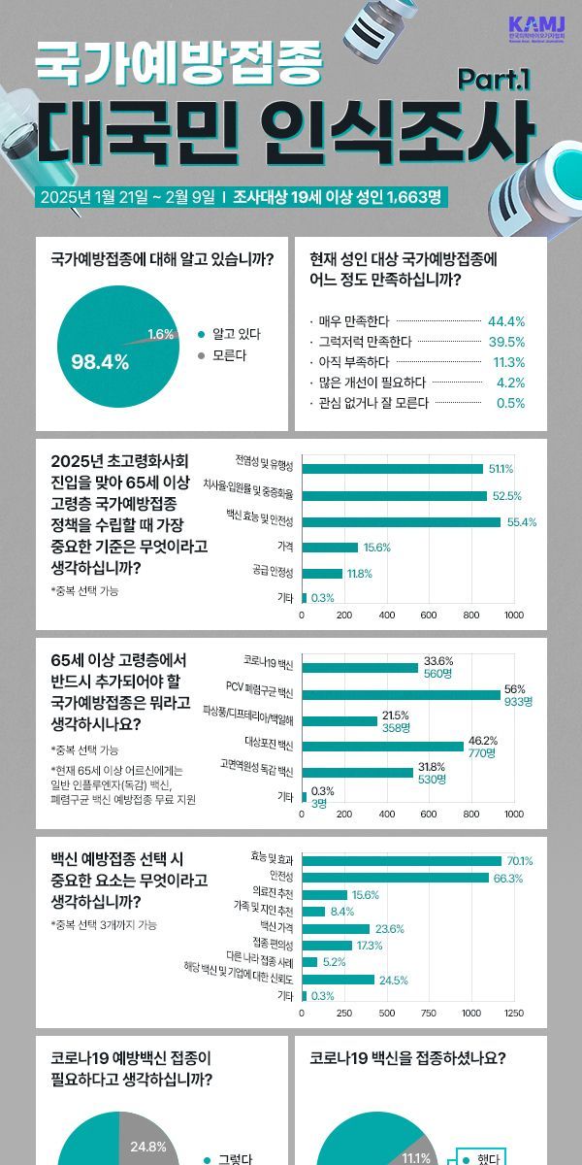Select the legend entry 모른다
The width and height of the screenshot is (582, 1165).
pyautogui.click(x=229, y=354)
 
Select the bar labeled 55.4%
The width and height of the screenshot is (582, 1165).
pyautogui.click(x=402, y=521)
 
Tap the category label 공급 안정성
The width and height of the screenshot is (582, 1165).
pyautogui.click(x=273, y=573)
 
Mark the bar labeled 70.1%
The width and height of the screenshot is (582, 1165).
pyautogui.click(x=402, y=860)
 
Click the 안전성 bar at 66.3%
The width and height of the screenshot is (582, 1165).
pyautogui.click(x=396, y=878)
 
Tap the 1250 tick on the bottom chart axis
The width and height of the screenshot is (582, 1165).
pyautogui.click(x=514, y=1013)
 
